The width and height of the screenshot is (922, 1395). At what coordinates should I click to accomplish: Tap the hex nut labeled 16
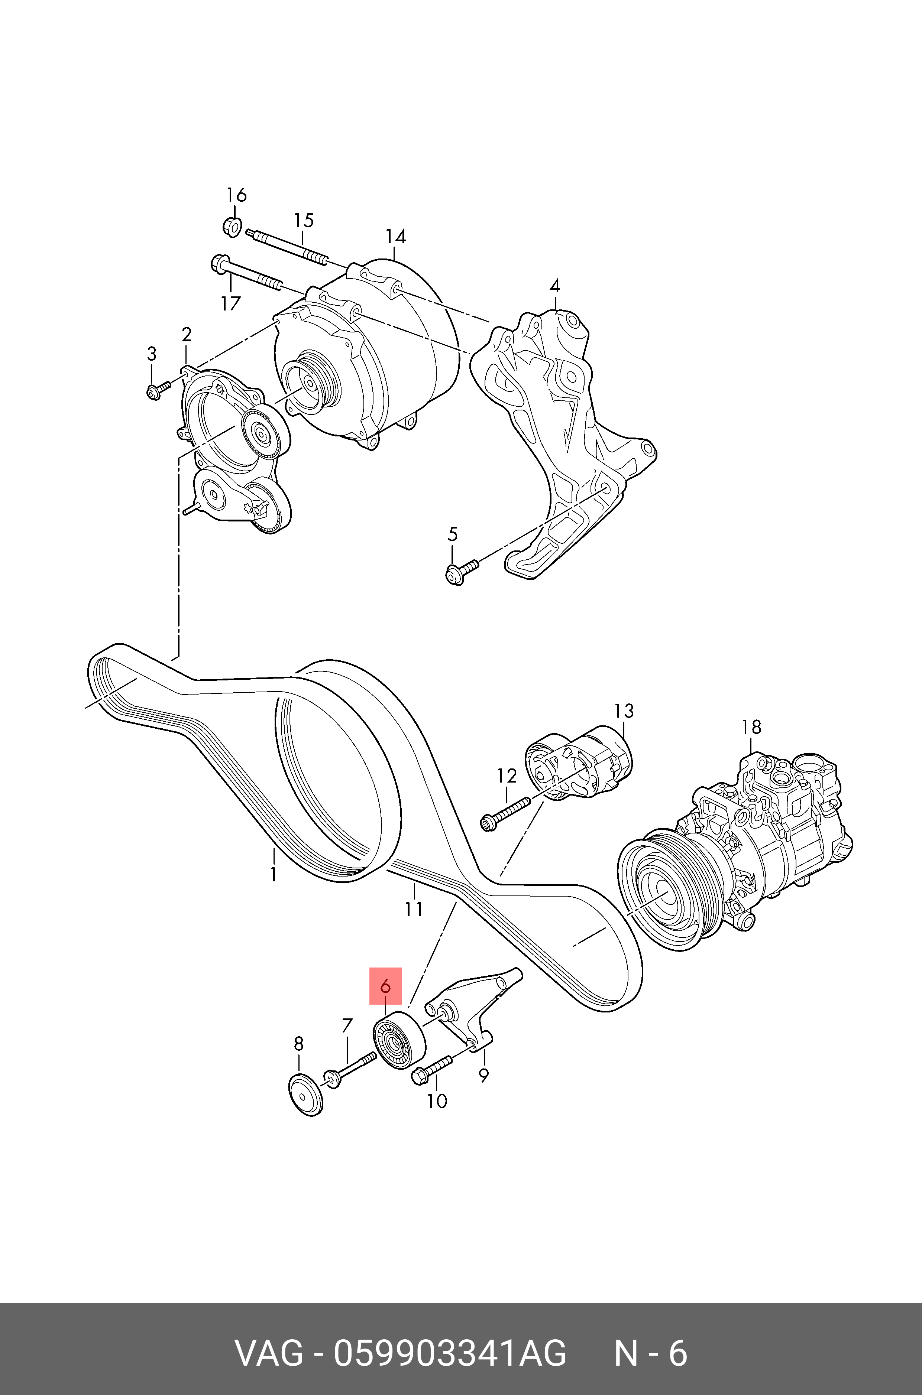click(x=232, y=226)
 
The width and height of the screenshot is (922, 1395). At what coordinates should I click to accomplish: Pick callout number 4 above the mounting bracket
click(x=554, y=287)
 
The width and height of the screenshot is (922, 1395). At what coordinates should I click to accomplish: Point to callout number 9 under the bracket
click(x=483, y=1075)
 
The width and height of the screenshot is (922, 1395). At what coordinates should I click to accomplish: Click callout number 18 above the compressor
click(x=751, y=727)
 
